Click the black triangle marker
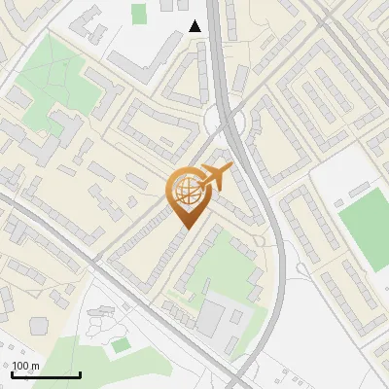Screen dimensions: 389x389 pos(195,26)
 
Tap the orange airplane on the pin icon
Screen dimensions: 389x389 pos(216,178)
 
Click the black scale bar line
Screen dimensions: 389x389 pos(46,374)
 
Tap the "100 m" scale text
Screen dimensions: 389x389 pos(26,366)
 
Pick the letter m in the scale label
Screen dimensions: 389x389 pos(35,366)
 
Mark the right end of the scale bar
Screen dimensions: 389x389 pos(80,374)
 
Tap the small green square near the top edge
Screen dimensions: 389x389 pos(139,14)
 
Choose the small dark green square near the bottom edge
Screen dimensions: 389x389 pos(121,345)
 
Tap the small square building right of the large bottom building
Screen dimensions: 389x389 pos(236,316)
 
